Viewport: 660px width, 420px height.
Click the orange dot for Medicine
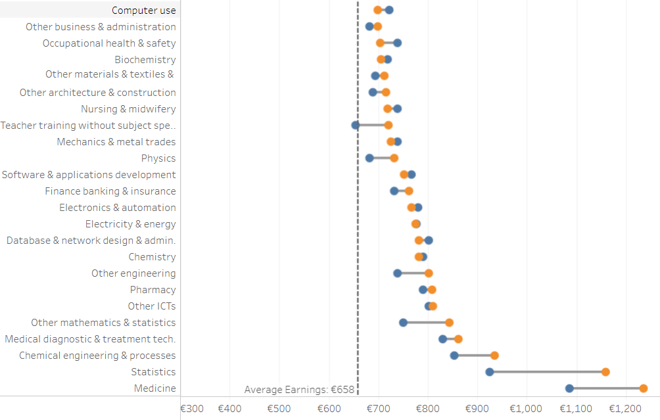(x=643, y=388)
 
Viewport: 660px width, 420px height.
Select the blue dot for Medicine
(x=569, y=388)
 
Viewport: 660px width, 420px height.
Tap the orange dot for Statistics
(x=605, y=372)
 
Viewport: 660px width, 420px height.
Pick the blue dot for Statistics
(x=490, y=372)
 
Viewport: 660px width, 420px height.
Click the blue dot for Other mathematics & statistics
(x=403, y=323)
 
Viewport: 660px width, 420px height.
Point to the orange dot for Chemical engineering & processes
(x=494, y=356)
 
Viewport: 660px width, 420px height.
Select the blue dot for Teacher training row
(x=356, y=125)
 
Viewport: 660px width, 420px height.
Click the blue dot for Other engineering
(x=398, y=273)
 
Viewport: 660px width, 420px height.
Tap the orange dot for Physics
(x=394, y=158)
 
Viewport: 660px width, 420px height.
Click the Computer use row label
(x=143, y=11)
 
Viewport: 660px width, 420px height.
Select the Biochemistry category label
(x=145, y=60)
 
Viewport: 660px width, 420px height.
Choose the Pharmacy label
(x=153, y=290)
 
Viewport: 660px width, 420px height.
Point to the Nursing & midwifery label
(x=128, y=109)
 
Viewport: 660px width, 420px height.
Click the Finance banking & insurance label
(x=110, y=191)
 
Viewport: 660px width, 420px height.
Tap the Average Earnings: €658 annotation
(x=299, y=390)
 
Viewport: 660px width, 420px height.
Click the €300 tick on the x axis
(x=192, y=408)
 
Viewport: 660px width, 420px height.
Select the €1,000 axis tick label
(x=526, y=408)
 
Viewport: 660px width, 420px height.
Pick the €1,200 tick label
(x=625, y=408)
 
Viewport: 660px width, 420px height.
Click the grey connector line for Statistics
(x=548, y=372)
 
